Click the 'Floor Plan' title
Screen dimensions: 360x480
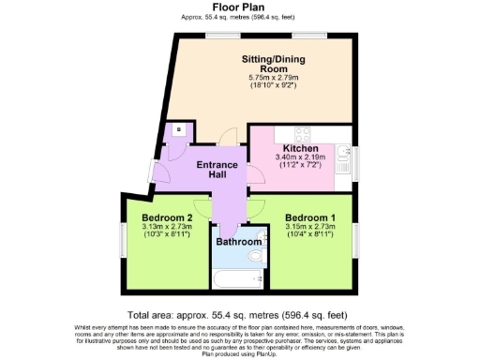point(239,7)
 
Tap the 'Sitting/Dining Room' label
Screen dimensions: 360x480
point(261,63)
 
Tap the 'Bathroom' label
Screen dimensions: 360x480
point(239,242)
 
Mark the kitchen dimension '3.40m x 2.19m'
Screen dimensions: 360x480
point(301,159)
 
